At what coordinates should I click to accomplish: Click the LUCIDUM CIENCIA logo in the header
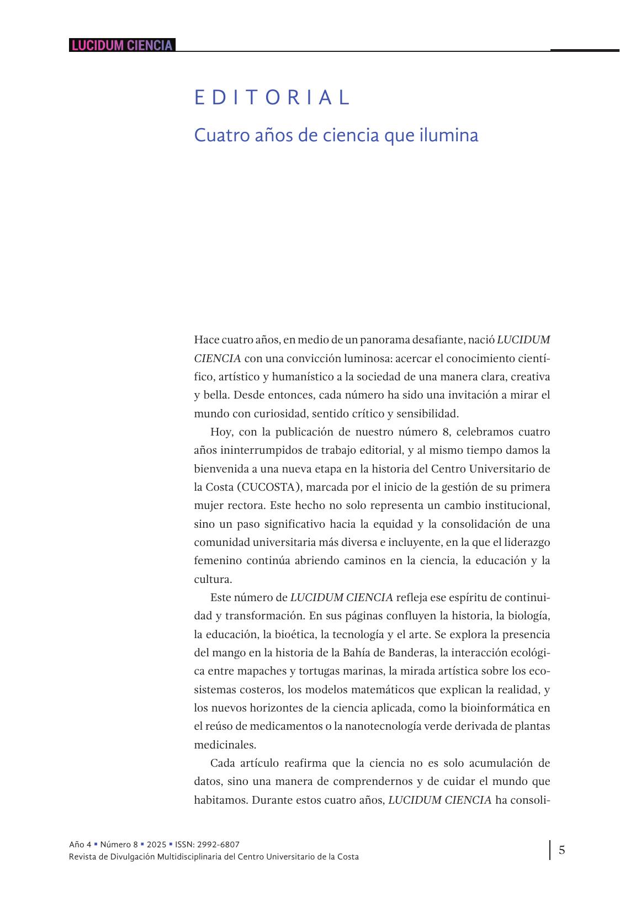(122, 45)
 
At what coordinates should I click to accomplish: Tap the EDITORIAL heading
(272, 98)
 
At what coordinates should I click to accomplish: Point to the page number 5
(561, 850)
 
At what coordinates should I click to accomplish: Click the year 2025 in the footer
(156, 844)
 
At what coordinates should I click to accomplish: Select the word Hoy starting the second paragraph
(221, 432)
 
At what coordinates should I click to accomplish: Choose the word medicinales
(225, 745)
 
